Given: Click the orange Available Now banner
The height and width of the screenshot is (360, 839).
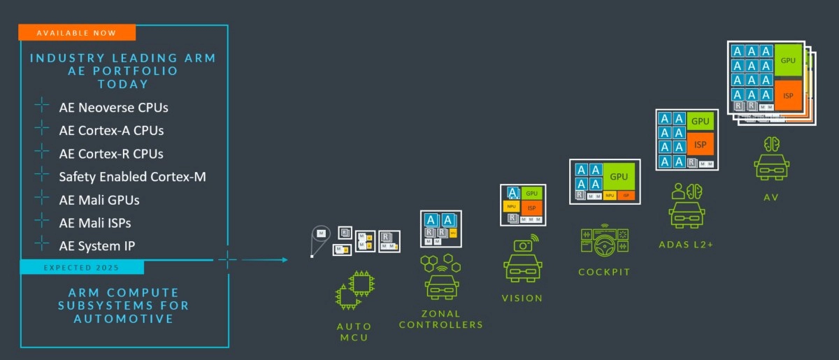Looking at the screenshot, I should (x=76, y=33).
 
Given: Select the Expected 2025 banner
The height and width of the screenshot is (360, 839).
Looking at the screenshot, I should (x=82, y=268).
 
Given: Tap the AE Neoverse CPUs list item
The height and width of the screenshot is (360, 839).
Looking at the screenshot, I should (x=113, y=108).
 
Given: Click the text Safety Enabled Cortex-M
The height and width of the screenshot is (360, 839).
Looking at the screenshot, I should (x=132, y=177).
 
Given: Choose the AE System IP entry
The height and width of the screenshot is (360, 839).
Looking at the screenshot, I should (x=97, y=246).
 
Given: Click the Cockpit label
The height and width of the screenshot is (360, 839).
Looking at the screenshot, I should (x=604, y=272).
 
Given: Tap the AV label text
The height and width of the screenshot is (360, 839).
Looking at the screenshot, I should (x=771, y=198).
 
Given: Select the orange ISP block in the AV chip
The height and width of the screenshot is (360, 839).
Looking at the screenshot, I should (x=789, y=95).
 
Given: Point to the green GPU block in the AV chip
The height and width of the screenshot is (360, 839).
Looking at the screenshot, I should (x=789, y=62).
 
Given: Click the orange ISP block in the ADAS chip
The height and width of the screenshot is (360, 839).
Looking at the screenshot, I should (x=700, y=145).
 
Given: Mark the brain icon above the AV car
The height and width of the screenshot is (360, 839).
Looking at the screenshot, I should (x=772, y=144).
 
